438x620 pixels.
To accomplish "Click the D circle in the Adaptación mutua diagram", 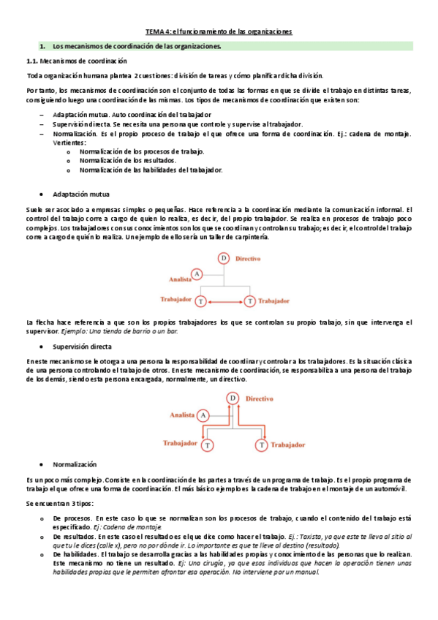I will [x=224, y=258].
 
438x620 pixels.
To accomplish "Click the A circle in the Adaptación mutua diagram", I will [x=196, y=273].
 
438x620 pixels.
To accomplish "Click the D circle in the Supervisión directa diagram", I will [x=233, y=398].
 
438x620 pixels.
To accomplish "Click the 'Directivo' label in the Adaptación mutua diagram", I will [x=250, y=258].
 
